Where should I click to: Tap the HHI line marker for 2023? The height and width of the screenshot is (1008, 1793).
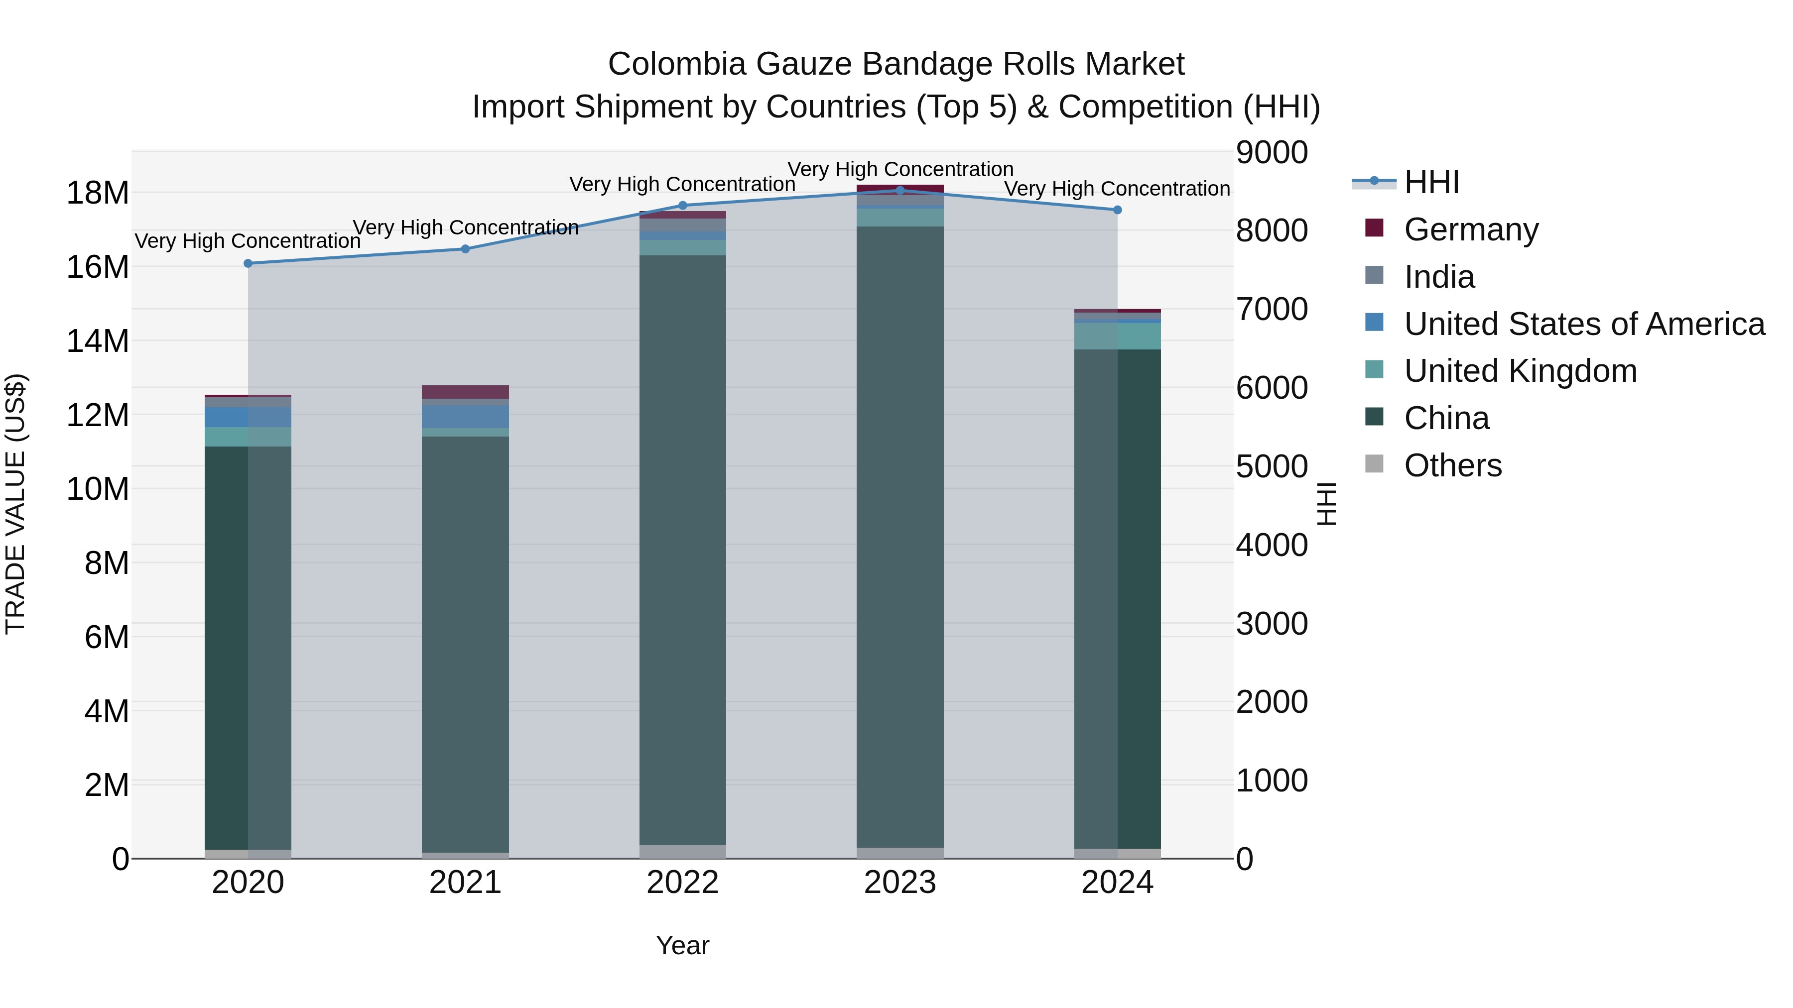coord(900,191)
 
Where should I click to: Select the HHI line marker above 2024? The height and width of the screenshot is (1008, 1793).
coord(1117,210)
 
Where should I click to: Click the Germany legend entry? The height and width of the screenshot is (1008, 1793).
coord(1471,229)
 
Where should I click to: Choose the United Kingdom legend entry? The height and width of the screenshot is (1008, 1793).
coord(1520,371)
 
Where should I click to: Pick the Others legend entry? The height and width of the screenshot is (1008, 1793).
coord(1453,465)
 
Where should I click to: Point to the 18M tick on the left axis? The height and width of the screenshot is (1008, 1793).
coord(98,193)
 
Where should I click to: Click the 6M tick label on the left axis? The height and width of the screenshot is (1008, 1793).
coord(107,637)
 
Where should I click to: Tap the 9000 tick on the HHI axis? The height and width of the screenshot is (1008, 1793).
coord(1272,152)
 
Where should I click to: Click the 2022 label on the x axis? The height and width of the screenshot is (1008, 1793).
coord(682,883)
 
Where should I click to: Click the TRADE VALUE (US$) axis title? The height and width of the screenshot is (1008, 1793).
coord(15,504)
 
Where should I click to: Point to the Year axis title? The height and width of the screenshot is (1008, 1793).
coord(682,945)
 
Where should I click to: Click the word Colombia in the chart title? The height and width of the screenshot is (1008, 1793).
coord(676,64)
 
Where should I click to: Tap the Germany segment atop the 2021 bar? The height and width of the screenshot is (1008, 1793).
coord(465,392)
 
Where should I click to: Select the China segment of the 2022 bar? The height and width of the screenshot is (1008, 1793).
coord(682,550)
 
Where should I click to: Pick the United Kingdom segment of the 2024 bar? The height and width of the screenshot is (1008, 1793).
coord(1117,336)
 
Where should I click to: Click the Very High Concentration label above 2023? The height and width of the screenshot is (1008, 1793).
coord(900,169)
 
